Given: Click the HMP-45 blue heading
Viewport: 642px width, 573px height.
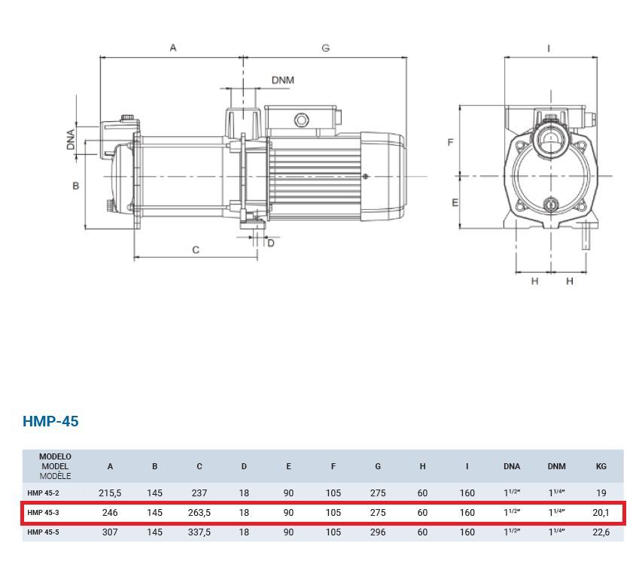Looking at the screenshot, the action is tap(50, 421).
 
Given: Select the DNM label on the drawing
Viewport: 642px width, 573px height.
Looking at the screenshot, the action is tap(283, 80).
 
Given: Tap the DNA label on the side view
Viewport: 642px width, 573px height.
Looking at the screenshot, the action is tap(71, 139).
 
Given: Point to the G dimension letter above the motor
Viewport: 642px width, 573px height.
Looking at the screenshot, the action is tap(325, 48).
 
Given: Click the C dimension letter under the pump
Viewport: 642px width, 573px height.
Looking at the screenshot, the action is tap(196, 250).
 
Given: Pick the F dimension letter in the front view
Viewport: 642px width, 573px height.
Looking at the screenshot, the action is tap(450, 142).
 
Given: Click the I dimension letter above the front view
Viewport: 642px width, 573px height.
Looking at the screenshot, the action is tap(549, 49).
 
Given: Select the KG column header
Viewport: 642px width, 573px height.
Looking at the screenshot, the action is tap(601, 466).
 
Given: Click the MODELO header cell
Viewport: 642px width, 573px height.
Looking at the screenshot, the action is tap(55, 456).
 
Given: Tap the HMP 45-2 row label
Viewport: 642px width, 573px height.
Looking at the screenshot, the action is tap(43, 493).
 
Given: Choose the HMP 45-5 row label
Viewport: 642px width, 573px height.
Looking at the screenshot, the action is tap(43, 532).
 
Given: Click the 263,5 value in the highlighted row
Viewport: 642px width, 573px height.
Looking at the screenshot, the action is tap(199, 513).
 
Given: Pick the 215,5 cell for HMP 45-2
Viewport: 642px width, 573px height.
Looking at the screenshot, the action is tap(110, 493).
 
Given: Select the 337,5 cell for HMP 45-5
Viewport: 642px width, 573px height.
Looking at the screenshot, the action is tap(199, 532).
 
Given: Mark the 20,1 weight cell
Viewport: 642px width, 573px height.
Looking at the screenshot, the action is tap(601, 513).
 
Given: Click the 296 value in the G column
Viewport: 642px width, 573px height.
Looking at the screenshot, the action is tap(378, 532).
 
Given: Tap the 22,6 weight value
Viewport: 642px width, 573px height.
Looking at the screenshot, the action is tap(601, 532).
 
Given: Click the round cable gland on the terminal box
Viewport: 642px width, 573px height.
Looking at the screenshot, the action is tap(301, 120).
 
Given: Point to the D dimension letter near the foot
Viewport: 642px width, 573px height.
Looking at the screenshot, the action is tap(271, 244).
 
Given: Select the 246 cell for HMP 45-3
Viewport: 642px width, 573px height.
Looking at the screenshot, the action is tap(110, 513).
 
